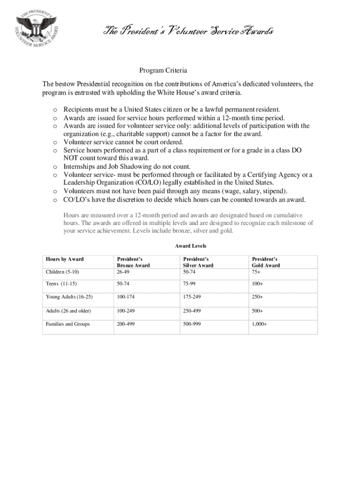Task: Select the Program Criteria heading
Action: [163, 71]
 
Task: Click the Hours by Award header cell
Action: [65, 259]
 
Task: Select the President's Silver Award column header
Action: [198, 262]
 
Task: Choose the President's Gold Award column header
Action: [266, 262]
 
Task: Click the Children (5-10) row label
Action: [63, 272]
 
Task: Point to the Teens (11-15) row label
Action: [62, 284]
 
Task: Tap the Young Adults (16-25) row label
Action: [69, 297]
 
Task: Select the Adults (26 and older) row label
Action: [68, 311]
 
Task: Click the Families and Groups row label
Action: [68, 324]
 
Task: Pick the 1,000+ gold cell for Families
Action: [259, 324]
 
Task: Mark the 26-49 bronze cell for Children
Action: [122, 272]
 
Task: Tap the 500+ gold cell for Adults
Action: [257, 311]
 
